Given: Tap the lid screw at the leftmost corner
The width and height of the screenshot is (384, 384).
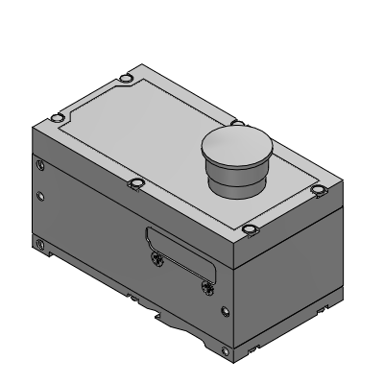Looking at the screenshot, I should point(53,119).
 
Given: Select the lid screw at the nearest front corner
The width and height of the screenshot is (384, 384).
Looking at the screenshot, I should point(250,229).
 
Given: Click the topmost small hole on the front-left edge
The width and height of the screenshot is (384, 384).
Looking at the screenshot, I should point(39,164).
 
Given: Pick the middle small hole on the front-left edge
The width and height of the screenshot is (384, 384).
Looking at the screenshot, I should point(40,198).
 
